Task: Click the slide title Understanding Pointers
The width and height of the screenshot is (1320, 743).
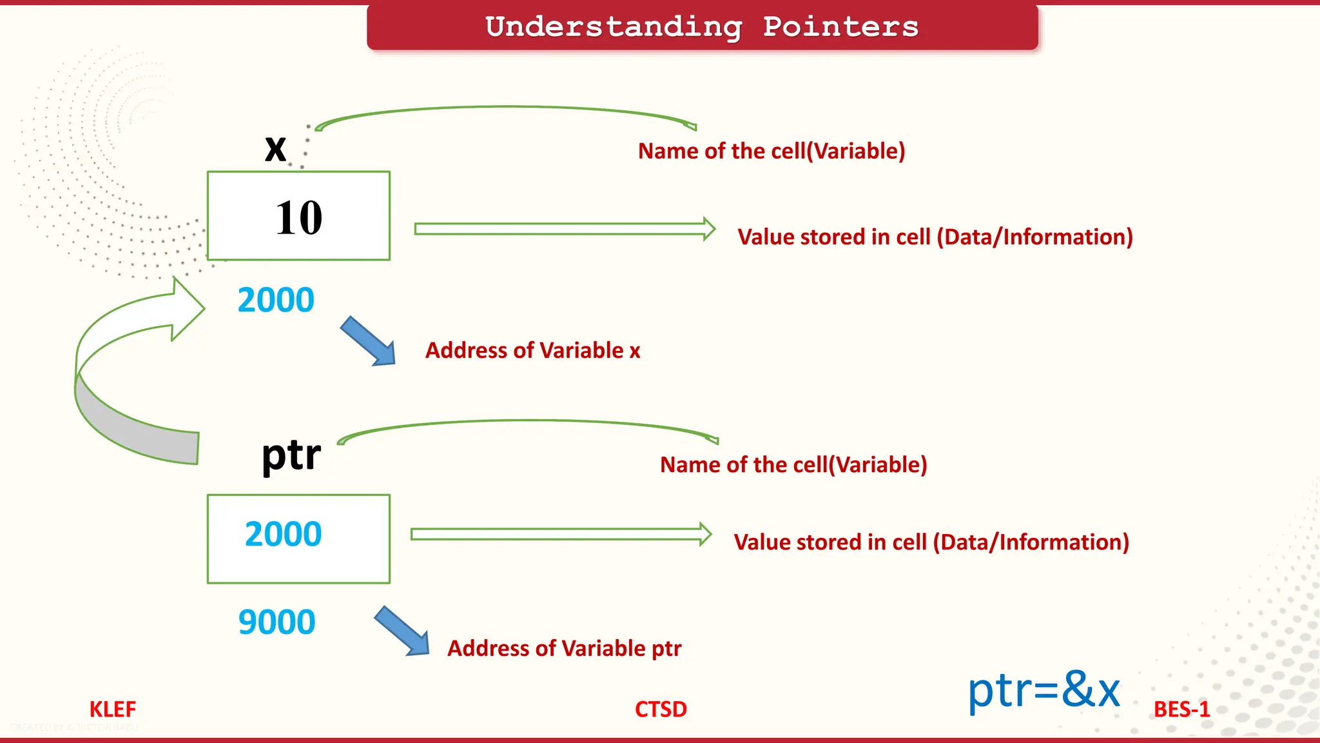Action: pos(702,27)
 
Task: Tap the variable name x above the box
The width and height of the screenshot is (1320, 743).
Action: pos(276,149)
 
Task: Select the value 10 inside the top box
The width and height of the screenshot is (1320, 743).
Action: pos(299,218)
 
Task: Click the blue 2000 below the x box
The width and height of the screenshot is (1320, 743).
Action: pos(276,300)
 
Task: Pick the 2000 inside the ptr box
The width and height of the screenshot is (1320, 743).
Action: pos(283,534)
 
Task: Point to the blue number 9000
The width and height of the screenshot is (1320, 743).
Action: pos(277,622)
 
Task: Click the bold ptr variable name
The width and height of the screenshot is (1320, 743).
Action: pos(291,455)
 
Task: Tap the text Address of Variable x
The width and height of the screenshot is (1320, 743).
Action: pos(532,350)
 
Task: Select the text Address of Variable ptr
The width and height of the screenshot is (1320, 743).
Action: pos(564,648)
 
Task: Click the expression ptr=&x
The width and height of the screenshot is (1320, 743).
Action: pos(1044,690)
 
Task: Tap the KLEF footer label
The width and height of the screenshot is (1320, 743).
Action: pos(113,709)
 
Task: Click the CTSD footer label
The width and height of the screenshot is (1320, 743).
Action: pos(661,709)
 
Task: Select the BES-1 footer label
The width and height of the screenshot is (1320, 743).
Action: pos(1181,709)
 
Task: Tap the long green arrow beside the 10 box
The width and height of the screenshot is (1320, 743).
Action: pos(564,229)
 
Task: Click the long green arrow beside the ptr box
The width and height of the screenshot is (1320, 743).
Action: pos(561,534)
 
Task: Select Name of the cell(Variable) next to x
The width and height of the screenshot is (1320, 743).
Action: pos(772,151)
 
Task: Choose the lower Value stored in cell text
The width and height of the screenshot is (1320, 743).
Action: pos(931,542)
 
